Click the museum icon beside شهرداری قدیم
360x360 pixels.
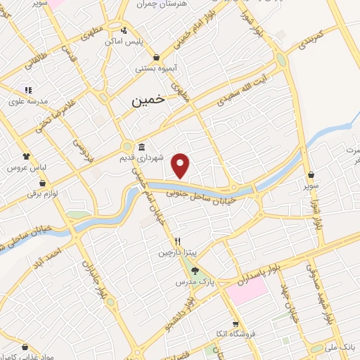click(x=142, y=148)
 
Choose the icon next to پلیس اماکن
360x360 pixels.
click(x=124, y=30)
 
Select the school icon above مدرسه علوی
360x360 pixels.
click(x=28, y=89)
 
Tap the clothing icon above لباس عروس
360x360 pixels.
click(x=26, y=157)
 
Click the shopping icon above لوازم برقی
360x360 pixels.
click(x=44, y=183)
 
